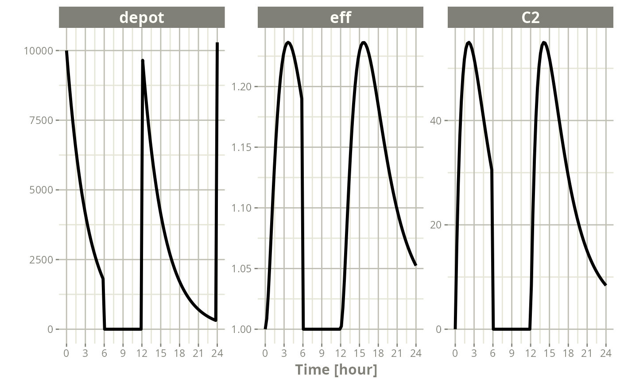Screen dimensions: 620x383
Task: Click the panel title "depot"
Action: (142, 18)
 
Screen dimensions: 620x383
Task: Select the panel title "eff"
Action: (341, 18)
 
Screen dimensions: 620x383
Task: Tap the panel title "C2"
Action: (531, 18)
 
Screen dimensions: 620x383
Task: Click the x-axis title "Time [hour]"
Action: (336, 370)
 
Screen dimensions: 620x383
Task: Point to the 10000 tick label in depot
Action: (39, 51)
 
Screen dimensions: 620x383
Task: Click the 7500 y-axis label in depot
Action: (41, 120)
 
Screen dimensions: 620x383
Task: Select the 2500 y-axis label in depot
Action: (41, 260)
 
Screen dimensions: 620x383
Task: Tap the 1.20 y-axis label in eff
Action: (241, 87)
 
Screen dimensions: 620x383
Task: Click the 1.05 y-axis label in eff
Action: (241, 269)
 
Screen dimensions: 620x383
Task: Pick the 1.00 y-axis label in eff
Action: (241, 329)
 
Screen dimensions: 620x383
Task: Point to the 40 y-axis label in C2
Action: (436, 120)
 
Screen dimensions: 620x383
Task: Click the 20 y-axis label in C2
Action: (436, 225)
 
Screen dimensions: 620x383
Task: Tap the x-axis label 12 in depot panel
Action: (142, 353)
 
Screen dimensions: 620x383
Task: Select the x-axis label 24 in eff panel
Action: (416, 353)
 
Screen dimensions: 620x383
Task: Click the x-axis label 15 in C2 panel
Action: (549, 353)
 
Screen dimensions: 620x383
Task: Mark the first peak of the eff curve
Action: (288, 43)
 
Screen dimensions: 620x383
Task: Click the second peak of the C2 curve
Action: (544, 43)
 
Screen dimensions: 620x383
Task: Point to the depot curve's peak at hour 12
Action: (143, 60)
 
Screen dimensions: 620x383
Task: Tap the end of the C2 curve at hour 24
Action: (606, 285)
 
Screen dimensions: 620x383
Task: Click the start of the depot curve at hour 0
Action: (66, 51)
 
